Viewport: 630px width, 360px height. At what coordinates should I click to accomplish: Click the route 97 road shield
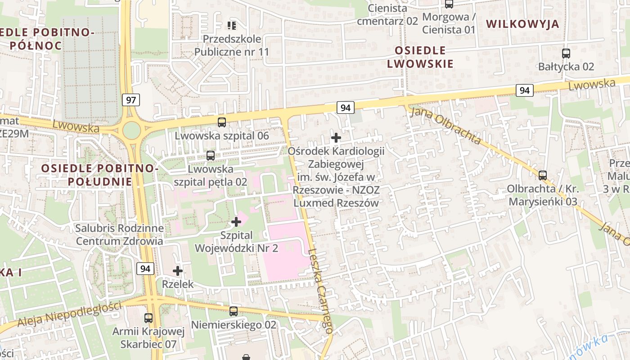(130, 100)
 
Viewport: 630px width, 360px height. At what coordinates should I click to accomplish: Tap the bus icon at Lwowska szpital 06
(222, 122)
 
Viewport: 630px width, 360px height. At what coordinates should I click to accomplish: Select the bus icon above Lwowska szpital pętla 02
(210, 156)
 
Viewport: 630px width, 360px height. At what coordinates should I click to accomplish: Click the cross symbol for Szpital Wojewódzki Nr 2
(236, 221)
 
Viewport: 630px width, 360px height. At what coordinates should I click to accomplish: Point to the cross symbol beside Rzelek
(178, 271)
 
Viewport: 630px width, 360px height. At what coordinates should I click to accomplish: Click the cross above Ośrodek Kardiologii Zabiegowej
(336, 137)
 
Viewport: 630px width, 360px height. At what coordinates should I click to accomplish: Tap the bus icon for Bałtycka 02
(566, 54)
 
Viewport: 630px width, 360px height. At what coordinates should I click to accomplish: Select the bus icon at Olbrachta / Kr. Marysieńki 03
(543, 175)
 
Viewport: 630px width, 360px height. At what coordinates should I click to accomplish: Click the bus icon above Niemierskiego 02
(233, 311)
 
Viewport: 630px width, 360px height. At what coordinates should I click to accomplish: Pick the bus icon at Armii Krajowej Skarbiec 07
(148, 318)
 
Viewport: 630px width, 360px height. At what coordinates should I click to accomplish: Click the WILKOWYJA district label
(522, 24)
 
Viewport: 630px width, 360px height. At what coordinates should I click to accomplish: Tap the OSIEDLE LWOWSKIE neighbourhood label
(420, 57)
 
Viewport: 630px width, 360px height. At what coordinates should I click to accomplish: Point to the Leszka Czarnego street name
(321, 292)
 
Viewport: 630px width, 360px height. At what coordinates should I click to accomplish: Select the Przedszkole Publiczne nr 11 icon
(232, 25)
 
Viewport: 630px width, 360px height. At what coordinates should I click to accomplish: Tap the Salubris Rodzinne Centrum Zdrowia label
(119, 234)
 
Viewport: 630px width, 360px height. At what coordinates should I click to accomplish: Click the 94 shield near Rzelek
(145, 269)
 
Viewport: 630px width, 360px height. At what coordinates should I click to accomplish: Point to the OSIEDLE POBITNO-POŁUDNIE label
(100, 175)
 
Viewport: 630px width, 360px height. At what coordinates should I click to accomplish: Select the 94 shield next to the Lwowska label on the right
(524, 90)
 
